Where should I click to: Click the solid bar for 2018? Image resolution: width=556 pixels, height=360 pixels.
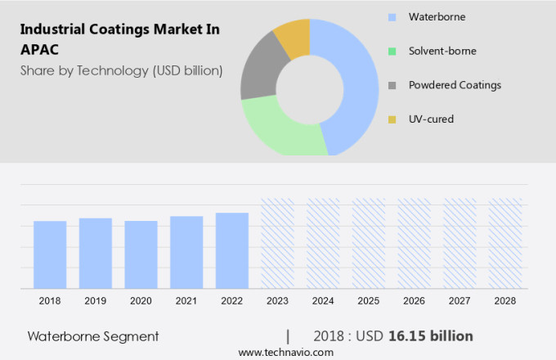[x=50, y=254]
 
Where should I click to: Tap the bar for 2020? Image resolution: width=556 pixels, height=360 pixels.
[x=141, y=254]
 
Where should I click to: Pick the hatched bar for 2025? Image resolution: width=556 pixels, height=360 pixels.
[x=368, y=243]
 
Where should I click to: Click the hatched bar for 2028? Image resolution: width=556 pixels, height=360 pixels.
[x=505, y=243]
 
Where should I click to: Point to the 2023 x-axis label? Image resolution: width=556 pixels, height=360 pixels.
[x=277, y=301]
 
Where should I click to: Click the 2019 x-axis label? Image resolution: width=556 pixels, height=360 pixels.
[x=96, y=301]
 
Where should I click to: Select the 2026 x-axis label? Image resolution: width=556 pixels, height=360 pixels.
[x=414, y=301]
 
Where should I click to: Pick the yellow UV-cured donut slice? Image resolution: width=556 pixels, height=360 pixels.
[x=294, y=37]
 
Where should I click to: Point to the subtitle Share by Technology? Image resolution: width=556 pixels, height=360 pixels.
[x=121, y=70]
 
